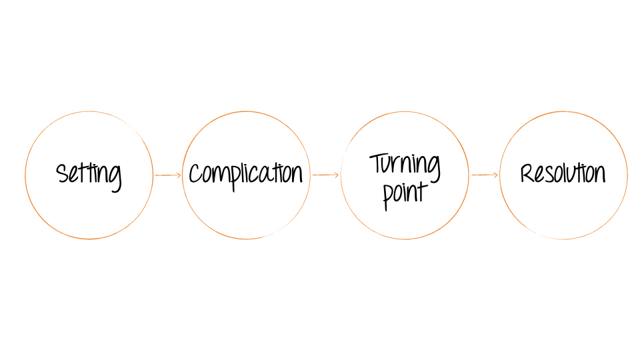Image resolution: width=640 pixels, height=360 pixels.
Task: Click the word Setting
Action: (x=89, y=175)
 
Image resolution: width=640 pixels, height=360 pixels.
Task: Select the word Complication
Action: (x=245, y=175)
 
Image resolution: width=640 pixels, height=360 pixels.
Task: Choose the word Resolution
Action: (x=563, y=173)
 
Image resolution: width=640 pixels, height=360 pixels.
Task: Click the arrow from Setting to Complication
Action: (x=167, y=175)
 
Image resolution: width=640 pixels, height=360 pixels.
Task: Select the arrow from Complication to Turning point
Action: (x=326, y=175)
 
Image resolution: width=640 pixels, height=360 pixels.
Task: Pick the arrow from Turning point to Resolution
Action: (x=485, y=175)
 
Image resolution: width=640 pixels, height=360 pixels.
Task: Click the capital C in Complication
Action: (x=195, y=174)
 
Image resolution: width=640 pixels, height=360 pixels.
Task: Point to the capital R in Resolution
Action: (x=527, y=173)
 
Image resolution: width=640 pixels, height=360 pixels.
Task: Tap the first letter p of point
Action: (x=388, y=196)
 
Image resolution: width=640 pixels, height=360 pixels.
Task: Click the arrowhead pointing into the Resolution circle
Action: (x=495, y=175)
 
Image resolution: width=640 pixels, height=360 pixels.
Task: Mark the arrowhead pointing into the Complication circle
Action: (x=178, y=175)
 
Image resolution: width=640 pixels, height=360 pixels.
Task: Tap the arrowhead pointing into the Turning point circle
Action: (x=337, y=175)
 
